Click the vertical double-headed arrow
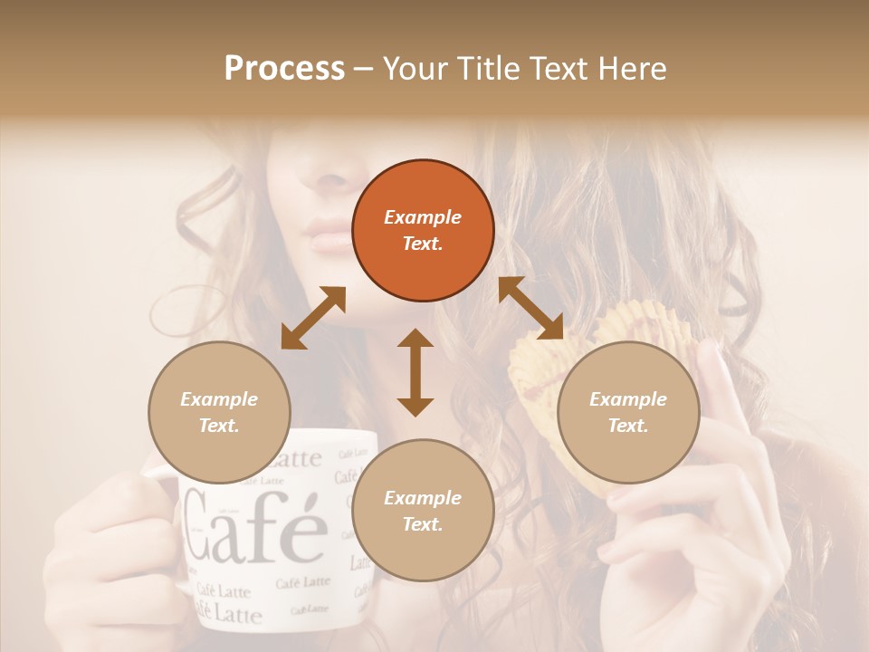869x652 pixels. click(x=415, y=372)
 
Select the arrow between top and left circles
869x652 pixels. click(x=313, y=318)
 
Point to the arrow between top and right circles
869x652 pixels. click(x=531, y=308)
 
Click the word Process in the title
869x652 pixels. click(x=284, y=68)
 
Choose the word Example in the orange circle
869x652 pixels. click(x=423, y=217)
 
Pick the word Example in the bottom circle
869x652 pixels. click(x=423, y=498)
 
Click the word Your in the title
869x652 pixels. click(x=415, y=68)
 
